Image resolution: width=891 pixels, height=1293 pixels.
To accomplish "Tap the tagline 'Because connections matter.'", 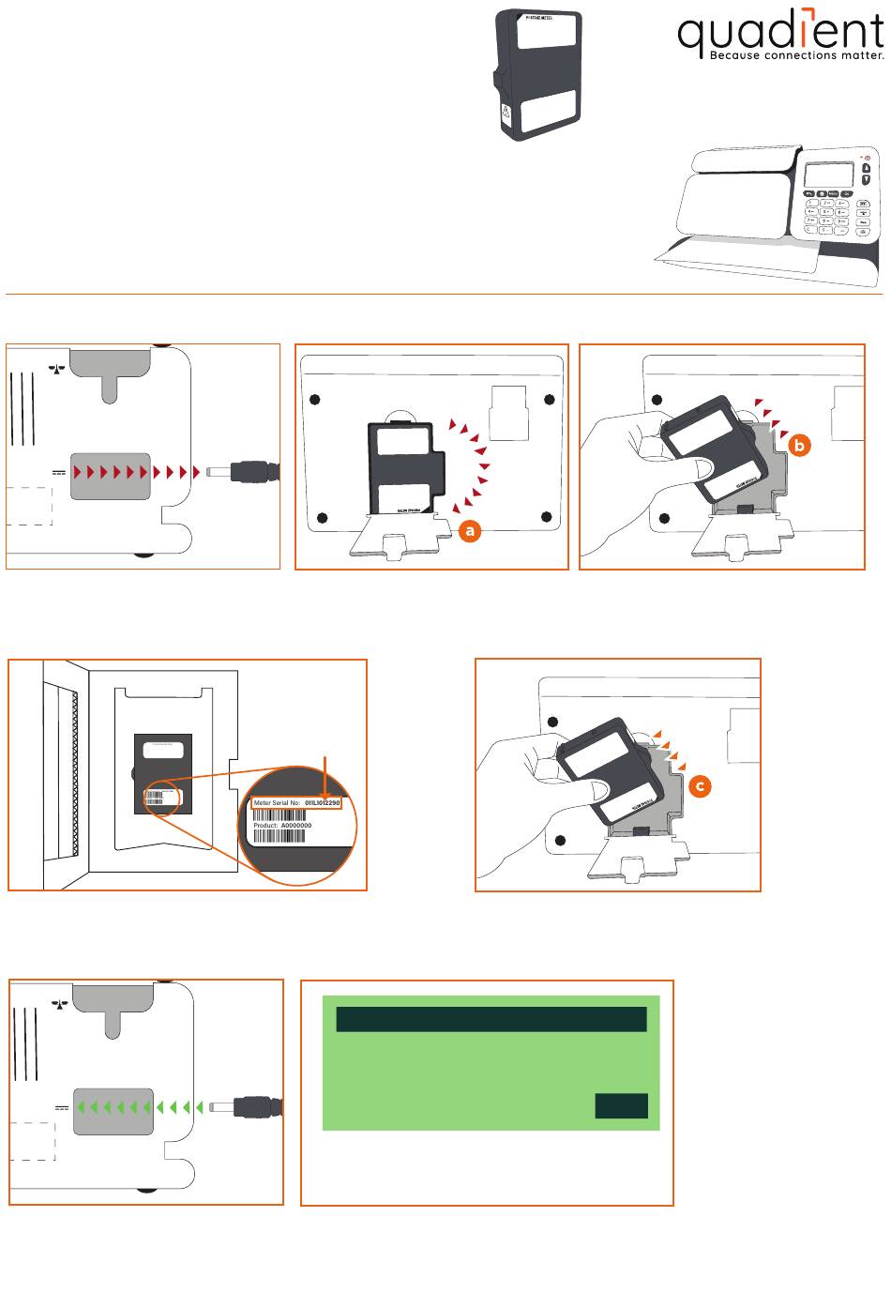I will pyautogui.click(x=796, y=55).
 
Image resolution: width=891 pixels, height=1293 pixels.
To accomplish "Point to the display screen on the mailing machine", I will pyautogui.click(x=829, y=175).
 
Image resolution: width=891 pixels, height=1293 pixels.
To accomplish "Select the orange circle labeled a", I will pyautogui.click(x=470, y=531).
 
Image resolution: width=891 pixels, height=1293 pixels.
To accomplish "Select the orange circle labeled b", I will pyautogui.click(x=798, y=446).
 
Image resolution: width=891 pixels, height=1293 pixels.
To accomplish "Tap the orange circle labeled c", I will pyautogui.click(x=700, y=786).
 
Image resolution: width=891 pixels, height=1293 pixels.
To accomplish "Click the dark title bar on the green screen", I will pyautogui.click(x=491, y=1019).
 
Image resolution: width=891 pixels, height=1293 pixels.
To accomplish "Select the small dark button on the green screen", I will pyautogui.click(x=621, y=1106).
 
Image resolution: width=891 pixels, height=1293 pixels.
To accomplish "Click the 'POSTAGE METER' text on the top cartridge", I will pyautogui.click(x=536, y=18).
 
